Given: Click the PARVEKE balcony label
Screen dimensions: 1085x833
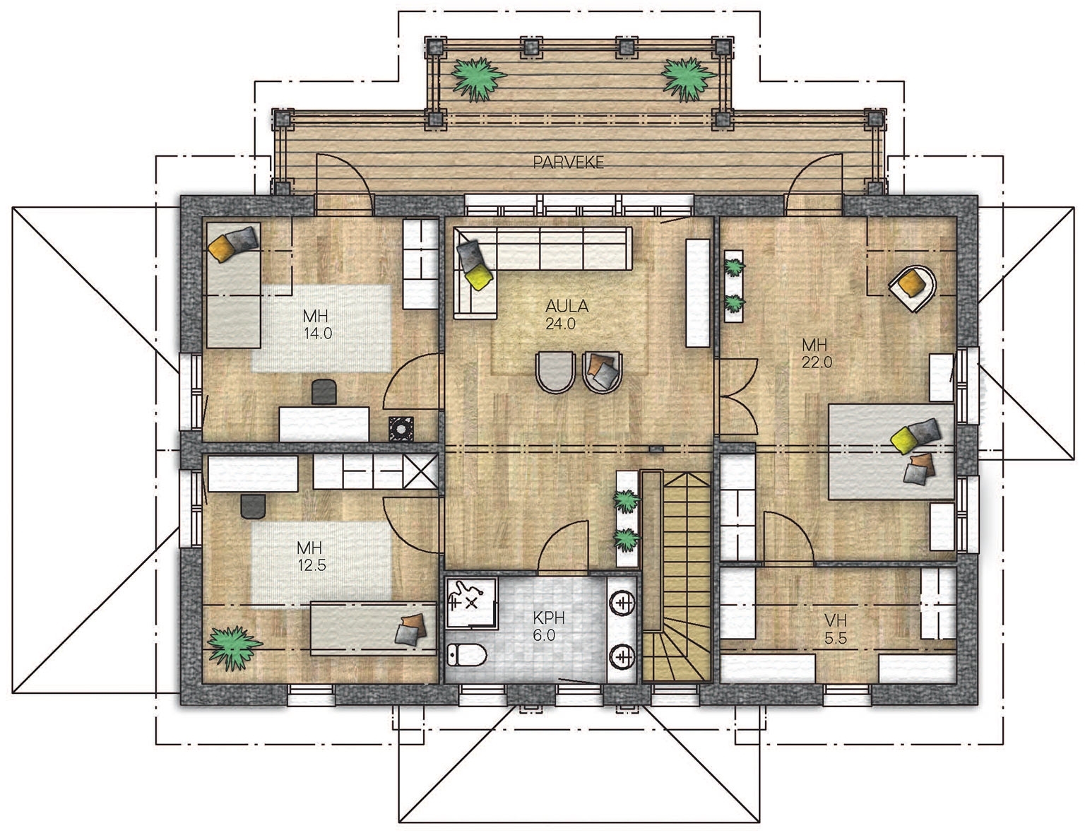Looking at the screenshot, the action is point(568,162).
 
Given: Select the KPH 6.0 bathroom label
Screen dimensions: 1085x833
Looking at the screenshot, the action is point(547,626).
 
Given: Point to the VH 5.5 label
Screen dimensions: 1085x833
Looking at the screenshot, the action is point(836,630).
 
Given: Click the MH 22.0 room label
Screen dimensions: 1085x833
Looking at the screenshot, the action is point(817,353).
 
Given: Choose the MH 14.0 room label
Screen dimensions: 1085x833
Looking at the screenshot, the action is point(317,324).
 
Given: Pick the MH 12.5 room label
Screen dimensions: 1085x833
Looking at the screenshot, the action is point(311,556).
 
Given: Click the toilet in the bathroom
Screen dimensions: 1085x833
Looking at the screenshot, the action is point(466,655).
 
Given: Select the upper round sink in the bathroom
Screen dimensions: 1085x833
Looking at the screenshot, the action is point(622,603).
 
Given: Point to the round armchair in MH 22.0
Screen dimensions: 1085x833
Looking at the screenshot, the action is point(913,288).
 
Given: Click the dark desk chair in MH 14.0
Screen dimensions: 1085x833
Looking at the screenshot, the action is point(324,391).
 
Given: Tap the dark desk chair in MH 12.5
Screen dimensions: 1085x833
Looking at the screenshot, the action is point(253,507).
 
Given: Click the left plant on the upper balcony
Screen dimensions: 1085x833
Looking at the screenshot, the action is point(478,79).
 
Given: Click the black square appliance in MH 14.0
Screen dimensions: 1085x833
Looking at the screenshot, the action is point(401,428).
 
